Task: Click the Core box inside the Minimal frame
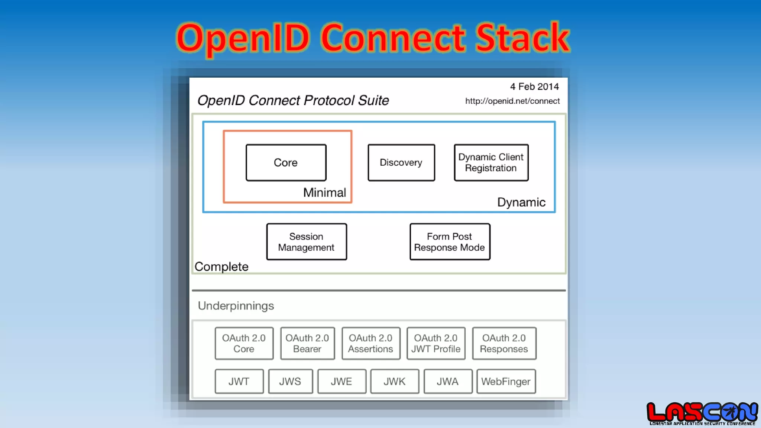point(286,163)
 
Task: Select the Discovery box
point(401,163)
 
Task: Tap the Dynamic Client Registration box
point(491,163)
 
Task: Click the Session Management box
point(306,242)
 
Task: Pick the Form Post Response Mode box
point(450,242)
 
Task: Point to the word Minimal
point(324,192)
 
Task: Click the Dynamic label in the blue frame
point(521,202)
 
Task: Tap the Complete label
point(221,266)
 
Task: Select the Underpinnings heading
point(236,306)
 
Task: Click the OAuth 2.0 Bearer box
point(307,343)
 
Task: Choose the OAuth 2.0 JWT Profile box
point(436,343)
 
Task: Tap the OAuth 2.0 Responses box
point(504,343)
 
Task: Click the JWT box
point(239,381)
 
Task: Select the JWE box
point(341,381)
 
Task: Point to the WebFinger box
point(506,381)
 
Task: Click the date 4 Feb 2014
point(534,87)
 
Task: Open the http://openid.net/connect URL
point(512,101)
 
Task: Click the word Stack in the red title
point(522,38)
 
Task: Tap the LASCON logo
point(702,413)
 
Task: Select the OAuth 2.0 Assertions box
point(370,343)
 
